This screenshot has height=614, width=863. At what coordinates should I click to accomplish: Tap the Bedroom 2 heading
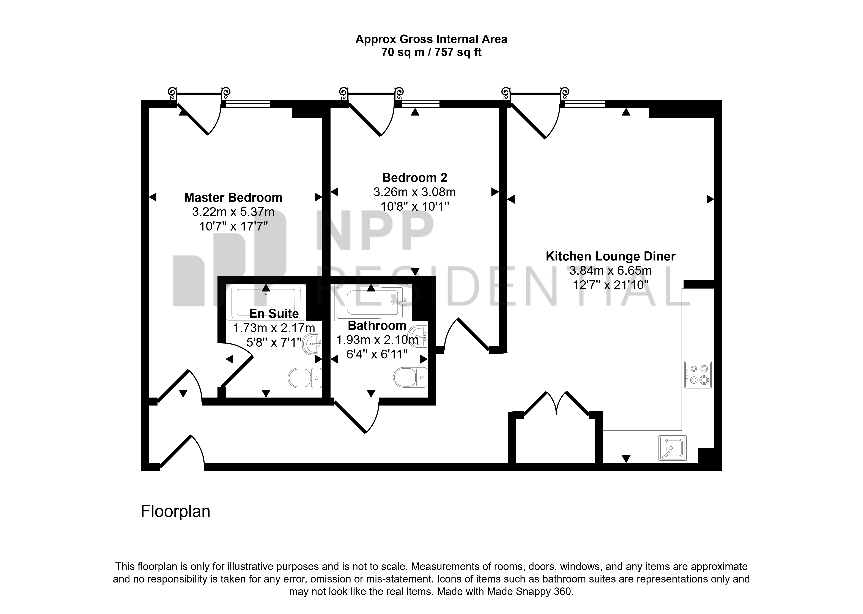[x=414, y=177]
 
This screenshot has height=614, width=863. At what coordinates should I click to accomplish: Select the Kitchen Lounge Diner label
[x=610, y=256]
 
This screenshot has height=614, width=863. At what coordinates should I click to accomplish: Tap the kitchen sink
[x=672, y=448]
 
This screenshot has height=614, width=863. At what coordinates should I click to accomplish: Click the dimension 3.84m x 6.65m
[x=610, y=271]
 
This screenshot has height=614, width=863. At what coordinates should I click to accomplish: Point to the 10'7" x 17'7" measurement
[x=233, y=226]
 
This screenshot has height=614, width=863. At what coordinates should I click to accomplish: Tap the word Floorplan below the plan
[x=175, y=511]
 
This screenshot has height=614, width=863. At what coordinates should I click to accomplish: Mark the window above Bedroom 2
[x=420, y=104]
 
